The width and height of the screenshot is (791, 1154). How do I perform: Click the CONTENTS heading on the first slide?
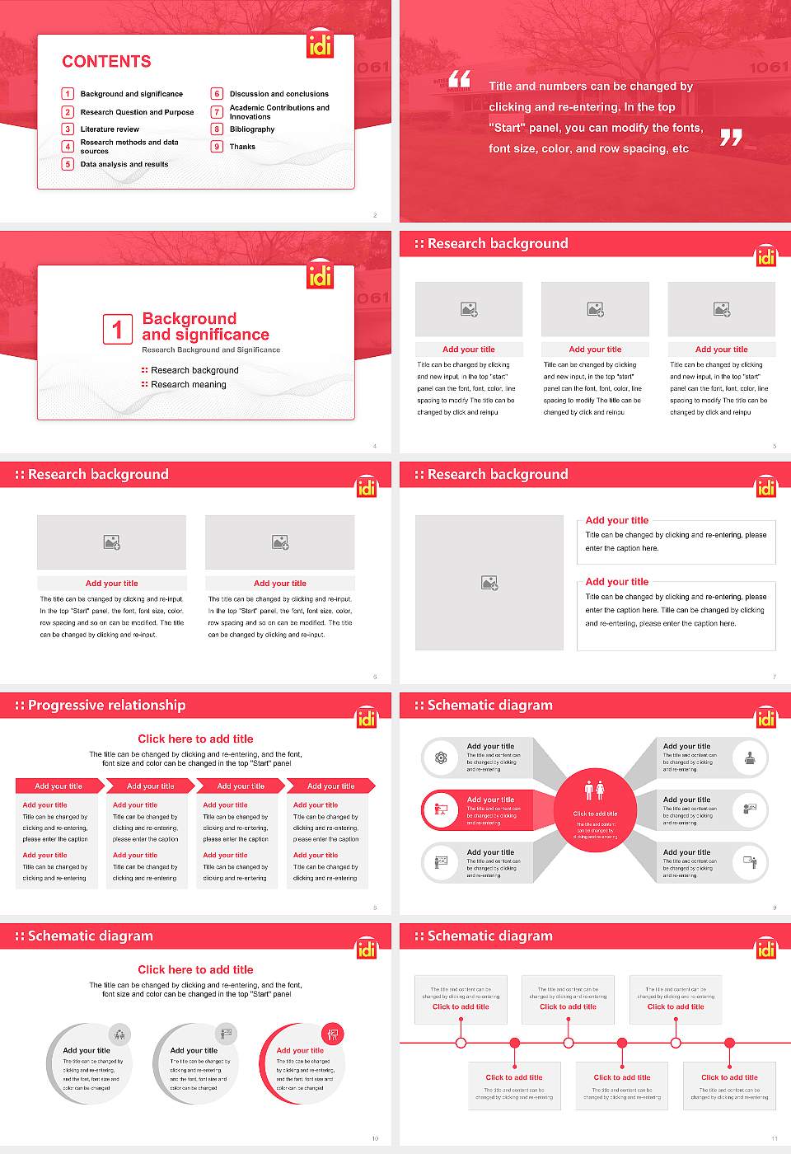106,61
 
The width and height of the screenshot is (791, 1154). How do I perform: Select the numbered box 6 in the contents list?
218,94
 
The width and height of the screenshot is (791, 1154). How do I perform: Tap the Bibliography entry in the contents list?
251,129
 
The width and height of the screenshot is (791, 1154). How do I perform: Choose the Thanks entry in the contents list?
242,147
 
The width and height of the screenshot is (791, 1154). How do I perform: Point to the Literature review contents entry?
110,129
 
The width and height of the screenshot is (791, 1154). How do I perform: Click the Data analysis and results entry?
124,164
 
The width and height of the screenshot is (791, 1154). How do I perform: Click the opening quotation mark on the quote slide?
460,79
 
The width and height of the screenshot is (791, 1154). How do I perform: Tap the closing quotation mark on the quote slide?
731,138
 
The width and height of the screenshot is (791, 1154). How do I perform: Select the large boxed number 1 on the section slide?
117,329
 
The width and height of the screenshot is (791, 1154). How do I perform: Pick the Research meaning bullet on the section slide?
188,384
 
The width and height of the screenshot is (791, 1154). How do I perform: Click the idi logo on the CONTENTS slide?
320,45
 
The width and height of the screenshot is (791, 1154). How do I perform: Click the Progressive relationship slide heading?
106,705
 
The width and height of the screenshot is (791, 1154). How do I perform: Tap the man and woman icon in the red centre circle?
594,790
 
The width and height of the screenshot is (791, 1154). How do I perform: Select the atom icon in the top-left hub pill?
441,758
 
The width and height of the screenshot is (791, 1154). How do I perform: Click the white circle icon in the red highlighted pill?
441,809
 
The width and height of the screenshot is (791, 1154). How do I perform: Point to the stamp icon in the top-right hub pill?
750,757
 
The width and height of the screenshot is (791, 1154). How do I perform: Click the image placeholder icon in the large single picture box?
489,583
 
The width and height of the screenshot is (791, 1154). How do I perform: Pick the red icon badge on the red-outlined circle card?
333,1034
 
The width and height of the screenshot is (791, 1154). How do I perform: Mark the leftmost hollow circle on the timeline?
461,1043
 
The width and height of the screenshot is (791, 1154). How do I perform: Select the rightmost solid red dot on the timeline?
729,1043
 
